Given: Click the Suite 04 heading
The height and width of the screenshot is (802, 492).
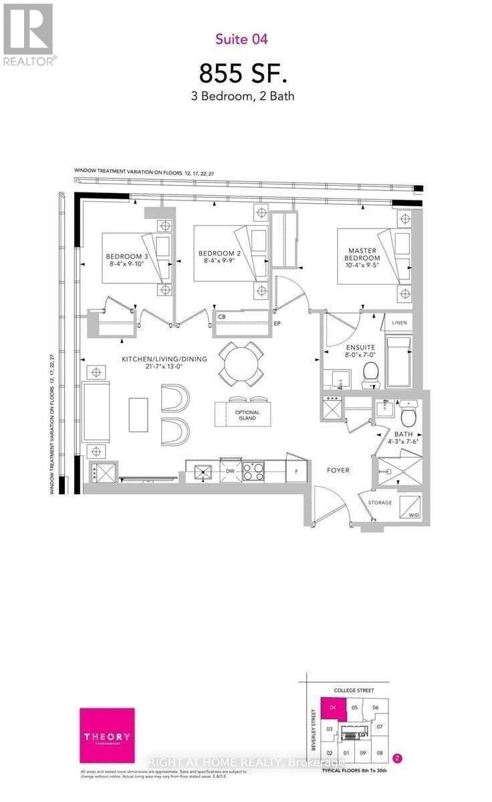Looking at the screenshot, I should [x=241, y=39].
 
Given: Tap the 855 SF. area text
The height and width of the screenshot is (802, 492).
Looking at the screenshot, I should [x=241, y=72].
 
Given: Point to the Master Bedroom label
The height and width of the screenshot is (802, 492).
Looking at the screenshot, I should [x=362, y=258].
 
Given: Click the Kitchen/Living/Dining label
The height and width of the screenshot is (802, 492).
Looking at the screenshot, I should [x=164, y=363].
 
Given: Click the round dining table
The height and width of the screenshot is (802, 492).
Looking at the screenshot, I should [x=242, y=363].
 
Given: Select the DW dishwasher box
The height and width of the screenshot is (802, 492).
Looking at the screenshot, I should [x=229, y=471].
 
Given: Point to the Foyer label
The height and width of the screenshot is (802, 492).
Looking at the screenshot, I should [x=337, y=470].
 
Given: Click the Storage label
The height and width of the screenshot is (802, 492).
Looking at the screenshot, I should [x=379, y=503].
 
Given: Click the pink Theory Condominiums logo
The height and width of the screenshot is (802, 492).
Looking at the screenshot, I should [x=107, y=736].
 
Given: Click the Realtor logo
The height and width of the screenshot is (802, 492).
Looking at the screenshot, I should [x=27, y=34].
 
